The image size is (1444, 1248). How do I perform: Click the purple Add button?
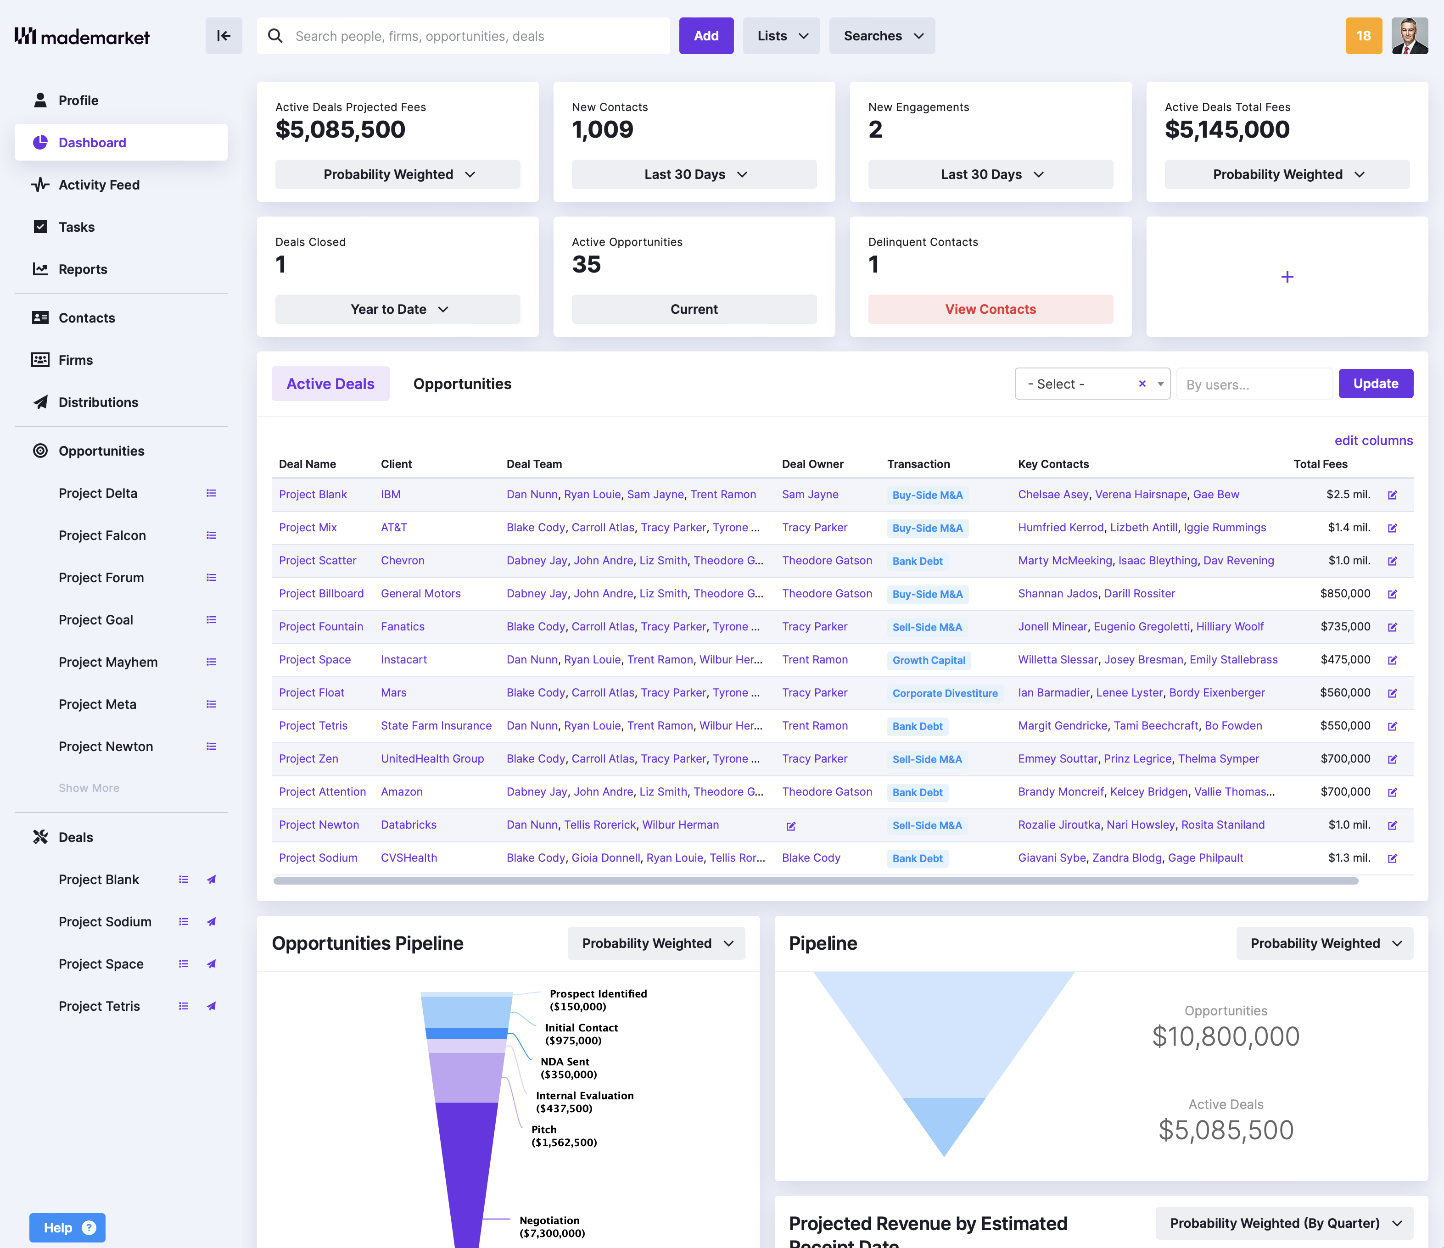pos(705,35)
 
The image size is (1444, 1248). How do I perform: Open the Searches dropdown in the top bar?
pos(882,35)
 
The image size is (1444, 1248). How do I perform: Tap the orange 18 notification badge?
pos(1362,35)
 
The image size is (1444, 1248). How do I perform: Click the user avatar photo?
pos(1409,35)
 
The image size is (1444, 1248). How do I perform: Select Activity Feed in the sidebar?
pos(99,184)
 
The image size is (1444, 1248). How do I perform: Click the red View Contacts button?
pos(990,309)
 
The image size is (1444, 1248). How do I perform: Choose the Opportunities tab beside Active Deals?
pos(462,384)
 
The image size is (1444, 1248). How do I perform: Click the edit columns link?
pos(1373,440)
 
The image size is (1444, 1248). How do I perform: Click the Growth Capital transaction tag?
pos(928,660)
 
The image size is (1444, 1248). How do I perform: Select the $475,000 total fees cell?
pos(1344,659)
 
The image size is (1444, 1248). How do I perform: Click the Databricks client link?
pos(409,825)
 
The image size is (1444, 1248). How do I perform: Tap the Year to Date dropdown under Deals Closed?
pos(397,309)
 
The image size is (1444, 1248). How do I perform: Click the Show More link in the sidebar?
pos(89,787)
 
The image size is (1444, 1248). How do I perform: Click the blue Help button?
pos(67,1227)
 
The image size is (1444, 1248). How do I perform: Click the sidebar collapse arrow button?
pos(224,35)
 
